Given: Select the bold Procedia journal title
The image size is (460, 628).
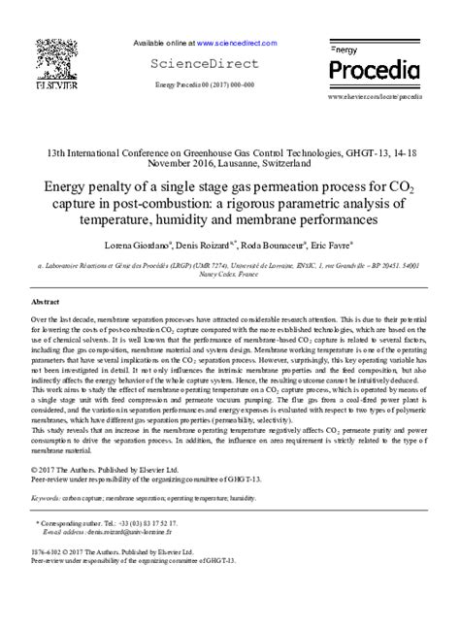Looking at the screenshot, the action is (374, 69).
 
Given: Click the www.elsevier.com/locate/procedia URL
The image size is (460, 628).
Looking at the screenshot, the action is (375, 97).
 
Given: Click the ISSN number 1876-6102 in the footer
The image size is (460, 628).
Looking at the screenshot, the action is (47, 551).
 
